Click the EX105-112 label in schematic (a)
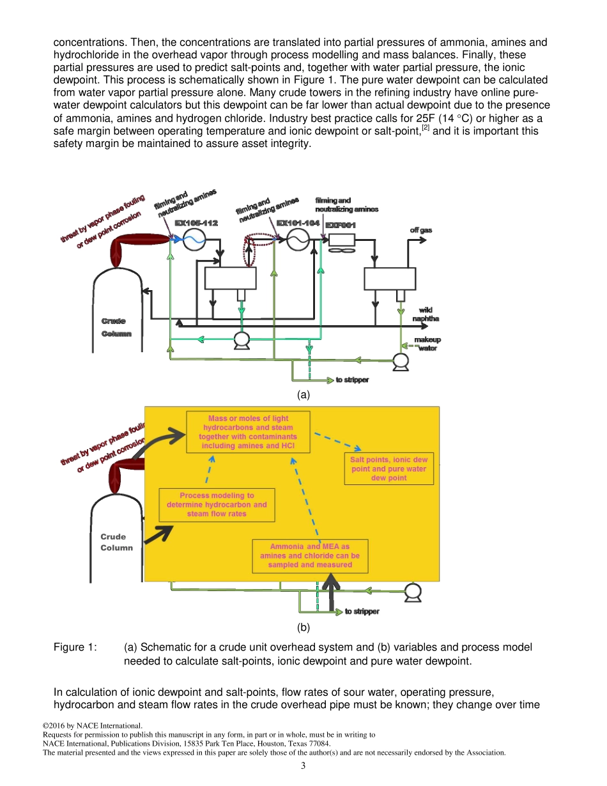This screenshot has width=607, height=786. pos(197,223)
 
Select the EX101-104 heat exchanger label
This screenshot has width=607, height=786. pos(298,223)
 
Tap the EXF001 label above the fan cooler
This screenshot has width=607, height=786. pos(341,226)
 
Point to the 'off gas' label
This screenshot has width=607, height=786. pos(420,230)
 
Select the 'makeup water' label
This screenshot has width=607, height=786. pos(427,344)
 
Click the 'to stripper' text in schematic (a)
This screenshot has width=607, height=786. pos(352,380)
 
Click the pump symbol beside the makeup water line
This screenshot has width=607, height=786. pos(401,362)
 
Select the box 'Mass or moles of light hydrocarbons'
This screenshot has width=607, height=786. pos(248,432)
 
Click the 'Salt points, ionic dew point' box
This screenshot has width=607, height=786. pos(388,468)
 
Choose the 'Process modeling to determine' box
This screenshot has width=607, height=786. pos(217,504)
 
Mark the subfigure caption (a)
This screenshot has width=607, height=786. pos(303,395)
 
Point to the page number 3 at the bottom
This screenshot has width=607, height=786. pos(303,766)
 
